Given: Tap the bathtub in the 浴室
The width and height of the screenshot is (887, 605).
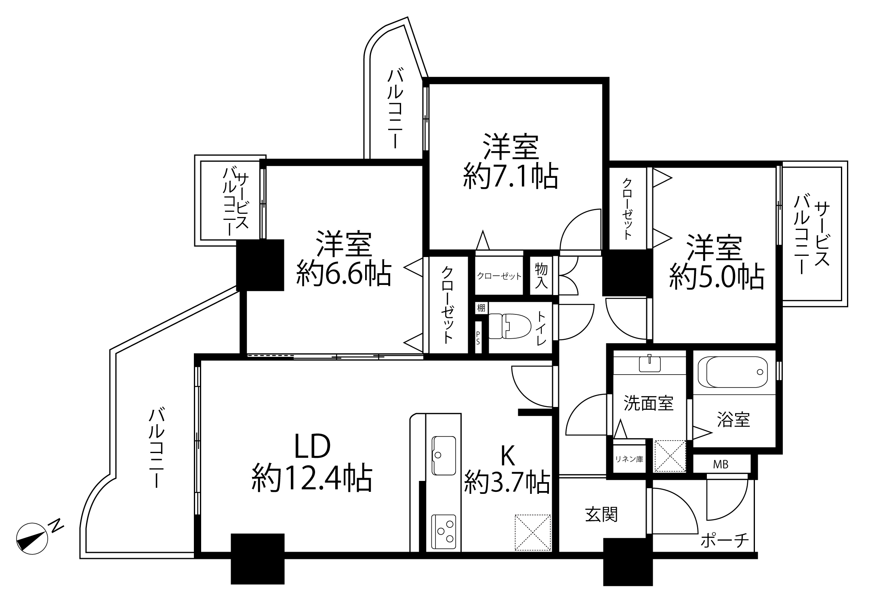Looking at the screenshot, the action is click(737, 372).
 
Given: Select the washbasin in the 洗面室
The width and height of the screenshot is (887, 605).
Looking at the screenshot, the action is click(649, 363).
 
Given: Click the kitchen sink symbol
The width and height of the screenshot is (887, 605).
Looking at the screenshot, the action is click(444, 455).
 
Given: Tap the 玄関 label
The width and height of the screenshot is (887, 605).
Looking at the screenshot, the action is click(601, 515).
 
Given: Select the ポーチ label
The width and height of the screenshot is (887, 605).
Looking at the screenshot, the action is click(725, 540).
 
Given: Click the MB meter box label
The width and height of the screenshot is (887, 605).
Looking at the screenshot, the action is click(720, 465).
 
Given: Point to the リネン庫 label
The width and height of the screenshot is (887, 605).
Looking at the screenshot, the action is click(629, 459).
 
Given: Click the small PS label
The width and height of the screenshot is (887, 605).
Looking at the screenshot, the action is click(478, 338).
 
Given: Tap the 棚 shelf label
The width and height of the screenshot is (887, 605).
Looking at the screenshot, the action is click(481, 308).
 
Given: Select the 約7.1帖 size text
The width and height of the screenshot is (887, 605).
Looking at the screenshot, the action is click(511, 176).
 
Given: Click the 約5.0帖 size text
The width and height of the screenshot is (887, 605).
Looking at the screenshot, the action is click(717, 277).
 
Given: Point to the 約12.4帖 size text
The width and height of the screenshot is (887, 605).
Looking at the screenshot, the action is click(312, 478).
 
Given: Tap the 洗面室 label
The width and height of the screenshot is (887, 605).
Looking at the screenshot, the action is click(649, 403).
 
